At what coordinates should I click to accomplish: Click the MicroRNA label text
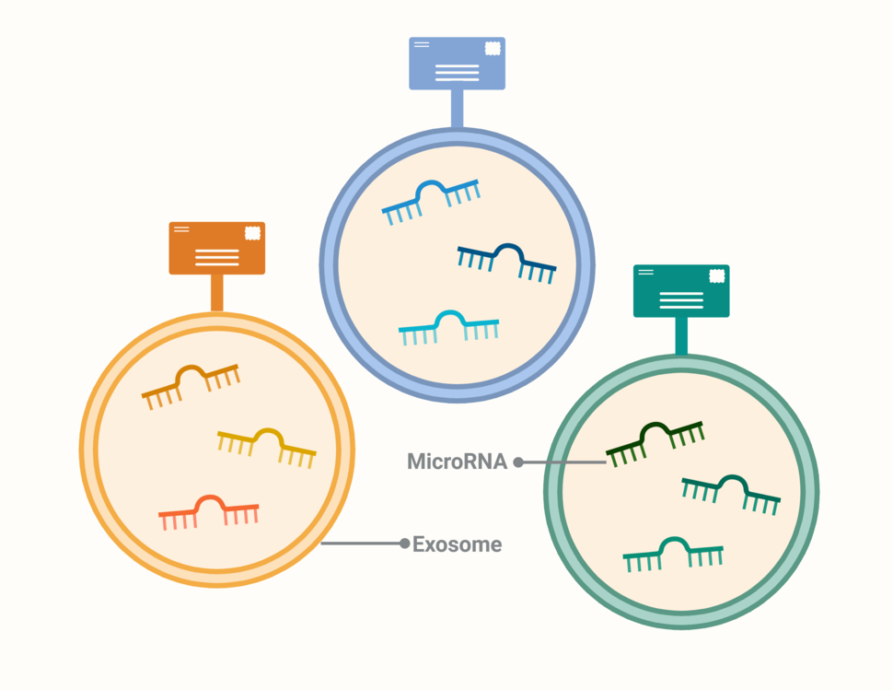457,462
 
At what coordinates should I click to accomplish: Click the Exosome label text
457,544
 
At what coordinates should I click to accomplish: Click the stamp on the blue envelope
493,48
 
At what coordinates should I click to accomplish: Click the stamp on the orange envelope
252,233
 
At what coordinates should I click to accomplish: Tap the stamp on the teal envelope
717,276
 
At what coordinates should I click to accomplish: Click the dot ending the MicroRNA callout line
518,462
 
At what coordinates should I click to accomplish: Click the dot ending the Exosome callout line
404,544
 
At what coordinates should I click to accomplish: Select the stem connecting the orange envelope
217,293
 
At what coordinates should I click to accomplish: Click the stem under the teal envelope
681,336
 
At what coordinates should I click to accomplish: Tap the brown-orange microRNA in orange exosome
190,381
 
